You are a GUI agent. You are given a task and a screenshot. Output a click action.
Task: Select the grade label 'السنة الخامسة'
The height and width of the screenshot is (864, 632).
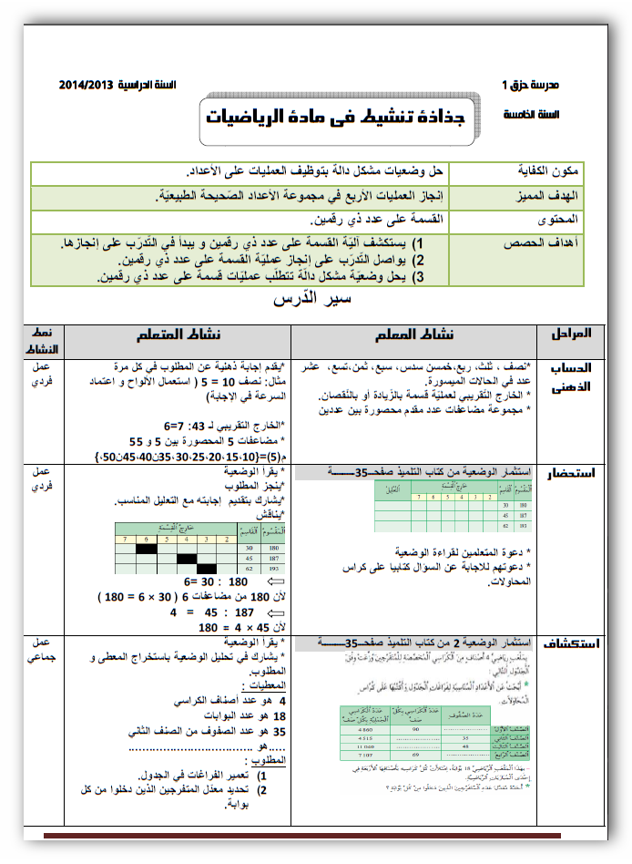point(532,116)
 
